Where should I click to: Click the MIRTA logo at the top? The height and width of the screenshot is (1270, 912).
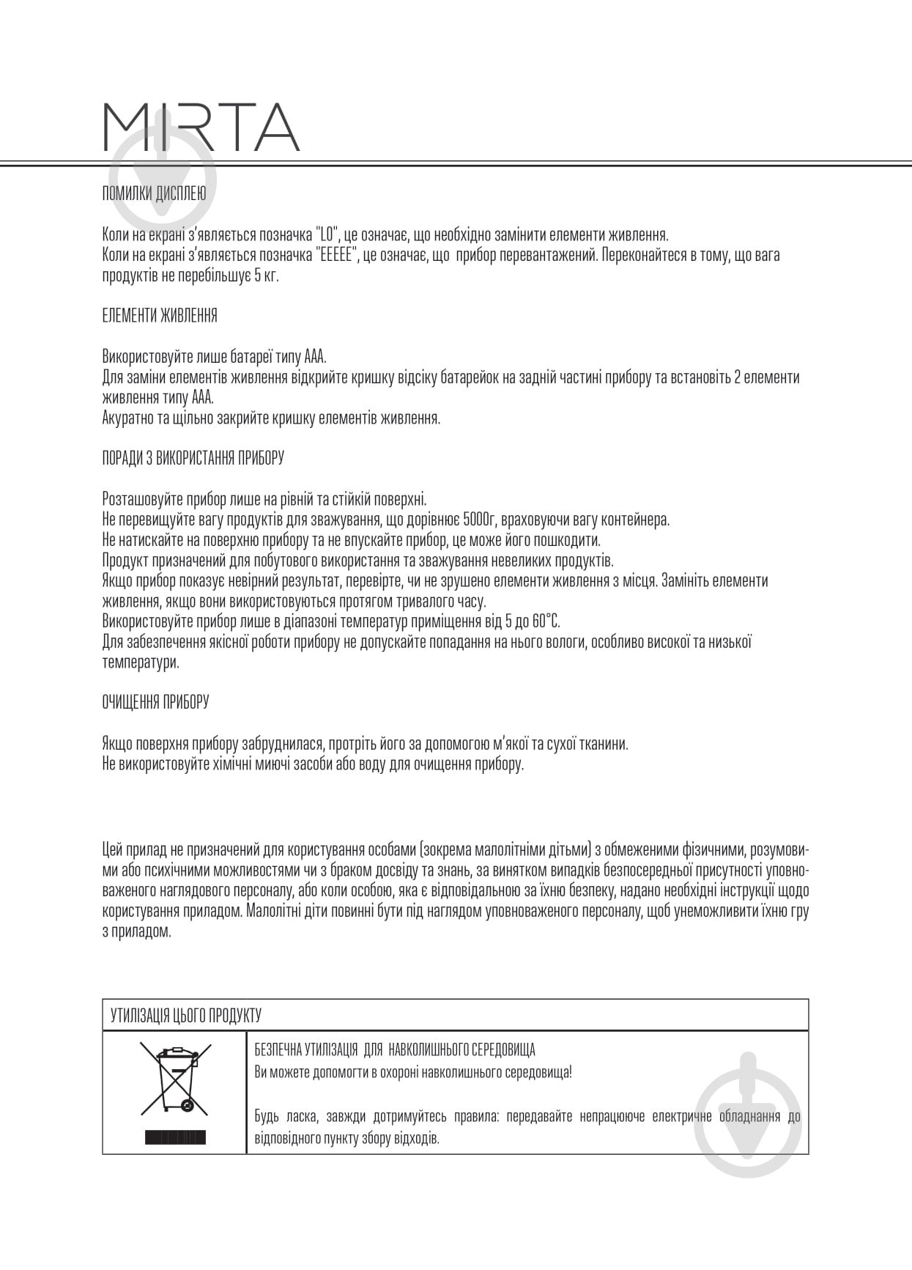click(201, 127)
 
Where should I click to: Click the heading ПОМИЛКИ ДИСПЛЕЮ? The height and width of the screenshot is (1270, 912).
click(154, 194)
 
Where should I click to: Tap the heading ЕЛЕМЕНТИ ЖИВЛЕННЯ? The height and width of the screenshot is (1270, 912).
click(159, 316)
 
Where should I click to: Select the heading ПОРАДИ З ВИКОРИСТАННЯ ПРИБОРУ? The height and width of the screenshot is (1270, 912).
click(193, 458)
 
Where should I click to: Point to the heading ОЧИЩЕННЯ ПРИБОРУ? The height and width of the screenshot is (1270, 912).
click(155, 702)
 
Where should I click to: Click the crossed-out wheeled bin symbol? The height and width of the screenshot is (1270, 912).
click(175, 1080)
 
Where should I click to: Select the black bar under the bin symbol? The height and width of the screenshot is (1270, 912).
click(175, 1137)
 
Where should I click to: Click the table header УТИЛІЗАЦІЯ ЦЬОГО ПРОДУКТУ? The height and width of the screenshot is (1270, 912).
click(185, 1016)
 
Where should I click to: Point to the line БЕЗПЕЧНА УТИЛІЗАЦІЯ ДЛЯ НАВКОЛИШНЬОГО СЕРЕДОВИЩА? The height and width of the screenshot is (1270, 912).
click(395, 1050)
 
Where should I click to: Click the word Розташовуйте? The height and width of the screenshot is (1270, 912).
click(141, 500)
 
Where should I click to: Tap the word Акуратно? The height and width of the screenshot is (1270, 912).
click(127, 418)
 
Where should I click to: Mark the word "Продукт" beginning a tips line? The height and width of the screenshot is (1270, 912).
click(124, 561)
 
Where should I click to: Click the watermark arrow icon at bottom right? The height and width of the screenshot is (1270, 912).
click(747, 1110)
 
